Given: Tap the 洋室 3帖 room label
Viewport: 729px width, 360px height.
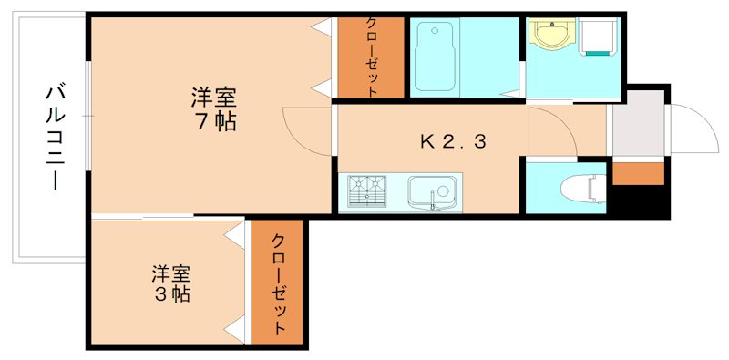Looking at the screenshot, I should [x=170, y=283].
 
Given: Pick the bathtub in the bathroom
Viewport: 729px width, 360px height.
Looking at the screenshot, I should [x=436, y=57].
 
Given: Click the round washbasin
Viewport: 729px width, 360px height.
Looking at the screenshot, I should [x=550, y=36].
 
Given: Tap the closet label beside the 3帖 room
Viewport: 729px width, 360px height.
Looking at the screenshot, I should [x=279, y=283].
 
